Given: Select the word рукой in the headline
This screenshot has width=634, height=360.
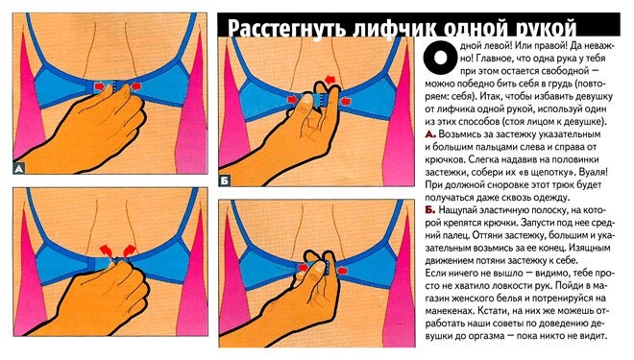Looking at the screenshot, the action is [542, 28].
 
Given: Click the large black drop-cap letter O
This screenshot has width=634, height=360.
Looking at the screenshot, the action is [440, 58].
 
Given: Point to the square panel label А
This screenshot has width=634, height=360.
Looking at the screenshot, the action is [18, 168].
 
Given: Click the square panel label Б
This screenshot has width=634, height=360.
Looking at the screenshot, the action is [225, 180].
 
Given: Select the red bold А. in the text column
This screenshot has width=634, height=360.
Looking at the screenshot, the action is [430, 134].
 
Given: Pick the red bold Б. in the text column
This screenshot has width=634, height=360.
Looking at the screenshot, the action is [430, 209].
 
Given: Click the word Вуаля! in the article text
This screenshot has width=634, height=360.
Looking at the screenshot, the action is [593, 172].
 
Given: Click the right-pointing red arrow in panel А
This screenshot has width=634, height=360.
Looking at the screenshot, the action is [100, 86].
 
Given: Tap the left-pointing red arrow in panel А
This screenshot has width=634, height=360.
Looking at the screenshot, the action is [136, 85].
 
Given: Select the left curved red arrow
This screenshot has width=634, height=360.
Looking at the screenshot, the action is [105, 251].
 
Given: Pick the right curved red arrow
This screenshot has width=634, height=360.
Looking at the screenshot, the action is [130, 251].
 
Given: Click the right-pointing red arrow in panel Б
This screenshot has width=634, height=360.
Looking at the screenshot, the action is [291, 100].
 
